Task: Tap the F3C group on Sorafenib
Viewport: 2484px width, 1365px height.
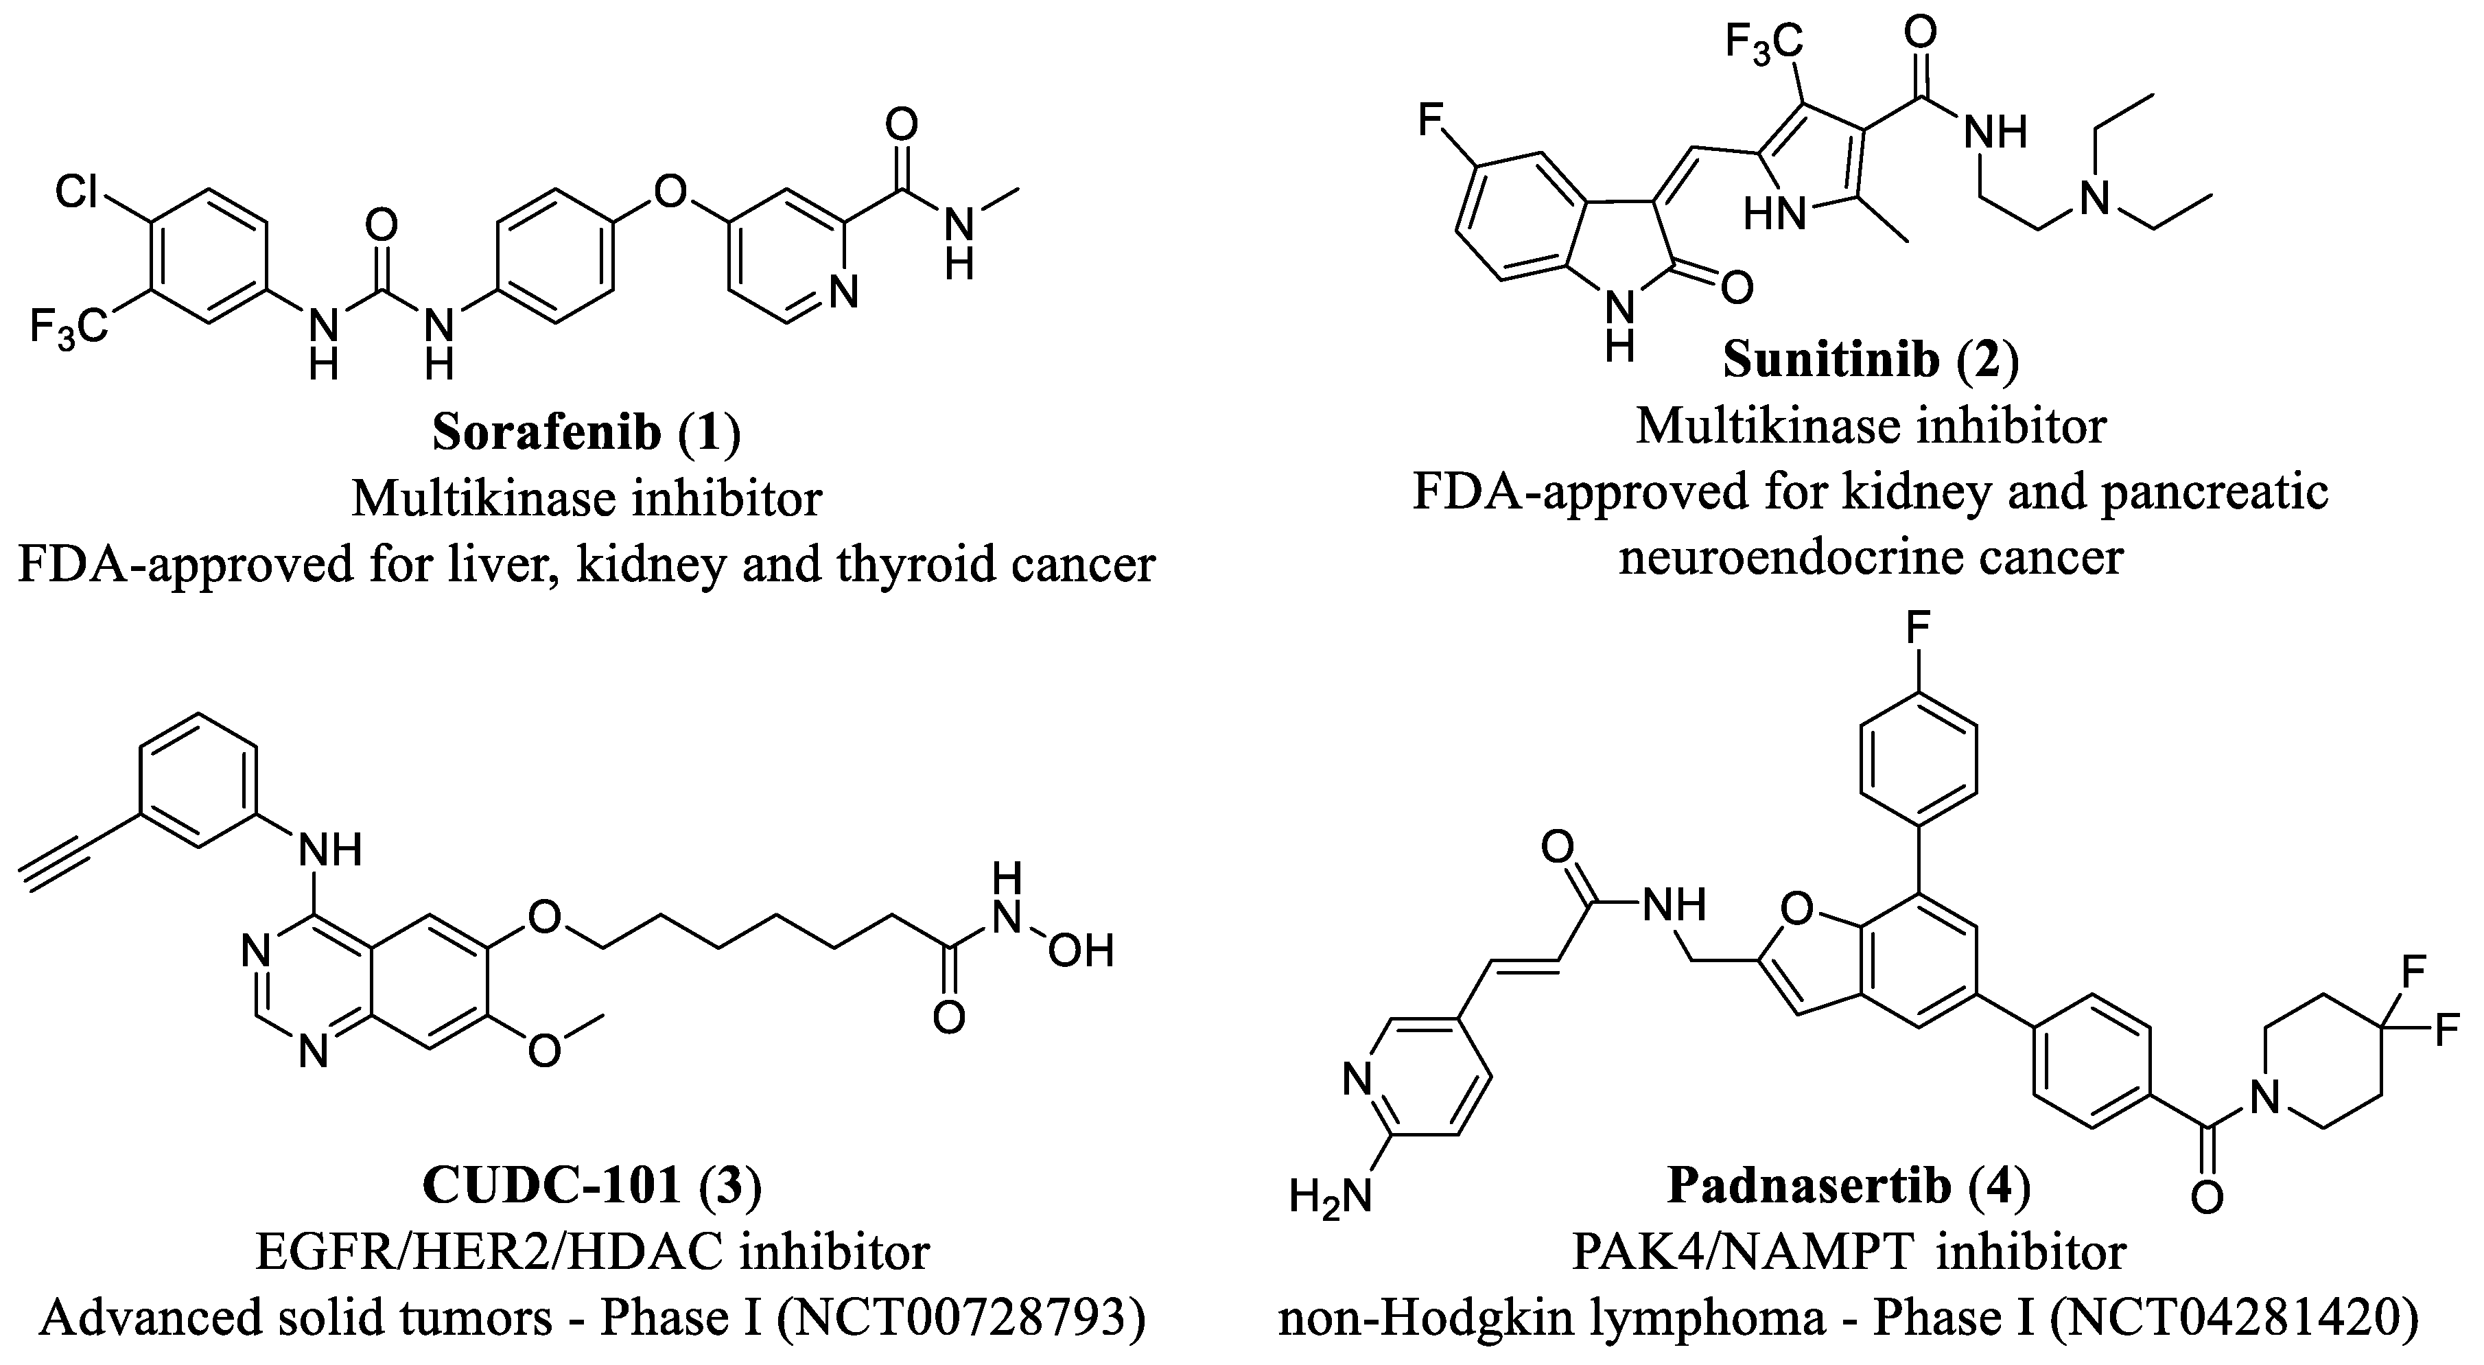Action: point(67,329)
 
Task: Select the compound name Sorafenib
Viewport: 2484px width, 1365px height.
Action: point(546,432)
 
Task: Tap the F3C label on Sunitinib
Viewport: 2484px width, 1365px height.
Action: point(1764,41)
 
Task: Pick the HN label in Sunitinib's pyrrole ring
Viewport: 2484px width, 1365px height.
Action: point(1774,214)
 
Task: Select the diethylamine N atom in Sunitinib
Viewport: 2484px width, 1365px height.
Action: point(2092,199)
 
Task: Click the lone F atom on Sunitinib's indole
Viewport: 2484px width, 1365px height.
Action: point(1431,121)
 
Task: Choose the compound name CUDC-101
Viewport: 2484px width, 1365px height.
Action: point(552,1187)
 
